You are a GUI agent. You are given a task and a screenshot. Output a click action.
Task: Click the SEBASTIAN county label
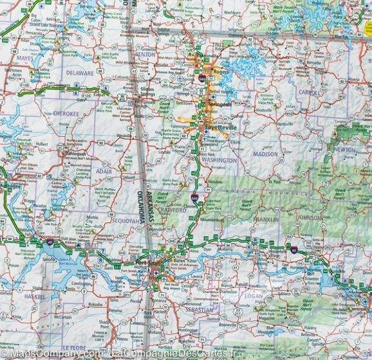[196, 310]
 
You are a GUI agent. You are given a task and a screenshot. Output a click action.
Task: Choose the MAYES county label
[24, 57]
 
